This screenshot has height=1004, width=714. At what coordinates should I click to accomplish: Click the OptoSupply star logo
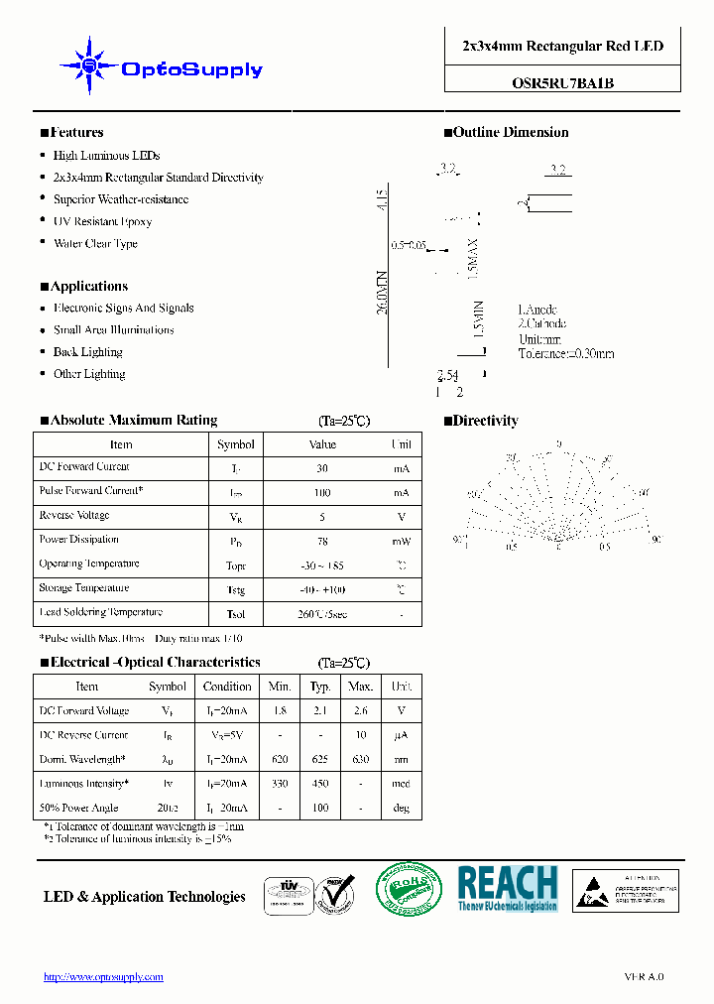[90, 66]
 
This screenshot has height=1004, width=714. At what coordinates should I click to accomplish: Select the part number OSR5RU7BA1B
[562, 83]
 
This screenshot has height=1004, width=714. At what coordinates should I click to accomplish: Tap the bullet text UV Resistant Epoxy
[102, 221]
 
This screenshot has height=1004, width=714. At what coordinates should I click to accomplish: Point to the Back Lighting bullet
[87, 352]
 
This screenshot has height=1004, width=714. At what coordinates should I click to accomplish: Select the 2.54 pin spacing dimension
[447, 375]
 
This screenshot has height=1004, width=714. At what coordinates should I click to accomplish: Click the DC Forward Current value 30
[322, 468]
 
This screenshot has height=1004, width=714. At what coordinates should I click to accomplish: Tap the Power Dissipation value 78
[322, 542]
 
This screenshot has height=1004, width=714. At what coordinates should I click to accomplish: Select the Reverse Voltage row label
[74, 516]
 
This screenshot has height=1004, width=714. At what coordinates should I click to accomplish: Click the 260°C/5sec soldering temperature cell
[322, 614]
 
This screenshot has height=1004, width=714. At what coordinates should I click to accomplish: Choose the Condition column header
[227, 687]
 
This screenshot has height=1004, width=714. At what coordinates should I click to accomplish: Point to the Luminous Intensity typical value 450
[320, 784]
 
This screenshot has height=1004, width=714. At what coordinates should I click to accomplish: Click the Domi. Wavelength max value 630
[361, 760]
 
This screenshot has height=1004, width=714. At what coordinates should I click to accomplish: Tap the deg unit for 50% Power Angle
[402, 809]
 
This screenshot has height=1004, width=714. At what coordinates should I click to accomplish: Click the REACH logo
[508, 889]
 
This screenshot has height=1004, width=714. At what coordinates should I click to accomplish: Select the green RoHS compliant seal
[410, 889]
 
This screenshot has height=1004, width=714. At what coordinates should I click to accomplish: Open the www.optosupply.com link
[103, 977]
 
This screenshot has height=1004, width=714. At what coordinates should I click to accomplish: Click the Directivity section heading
[486, 421]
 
